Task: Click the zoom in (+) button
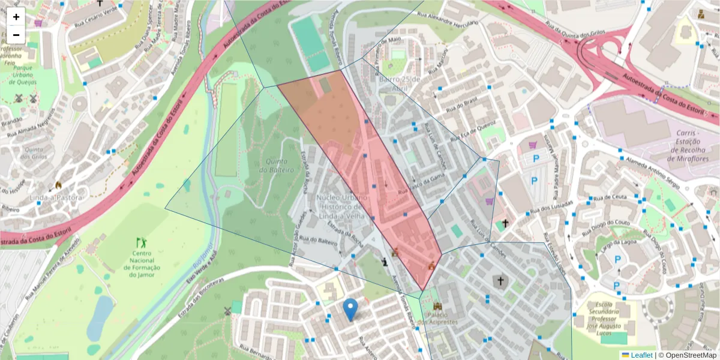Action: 16,17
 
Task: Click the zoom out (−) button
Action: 16,34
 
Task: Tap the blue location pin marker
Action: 351,310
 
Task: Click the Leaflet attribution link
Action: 636,355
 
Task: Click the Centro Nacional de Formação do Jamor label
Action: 142,264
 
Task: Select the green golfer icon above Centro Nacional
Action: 142,243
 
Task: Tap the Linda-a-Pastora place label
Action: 58,197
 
